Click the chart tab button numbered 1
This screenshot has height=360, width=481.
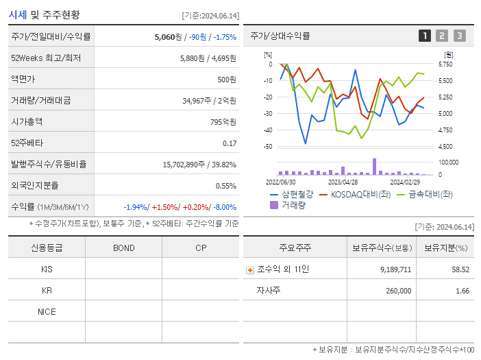[425, 36]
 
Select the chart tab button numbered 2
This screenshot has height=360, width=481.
[442, 36]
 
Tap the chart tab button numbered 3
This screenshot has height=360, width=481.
[459, 36]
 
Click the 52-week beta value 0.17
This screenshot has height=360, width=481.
[230, 143]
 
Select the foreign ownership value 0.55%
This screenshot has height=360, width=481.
[225, 186]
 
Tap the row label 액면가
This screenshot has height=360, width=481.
[23, 80]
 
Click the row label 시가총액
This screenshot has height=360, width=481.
[27, 122]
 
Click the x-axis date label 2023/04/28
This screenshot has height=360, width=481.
[343, 182]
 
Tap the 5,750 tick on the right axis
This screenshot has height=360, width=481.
[445, 64]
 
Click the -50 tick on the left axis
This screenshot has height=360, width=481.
[268, 147]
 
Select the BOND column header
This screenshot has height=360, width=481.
[123, 248]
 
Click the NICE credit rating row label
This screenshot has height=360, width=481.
[47, 312]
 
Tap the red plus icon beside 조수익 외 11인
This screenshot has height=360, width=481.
[250, 270]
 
